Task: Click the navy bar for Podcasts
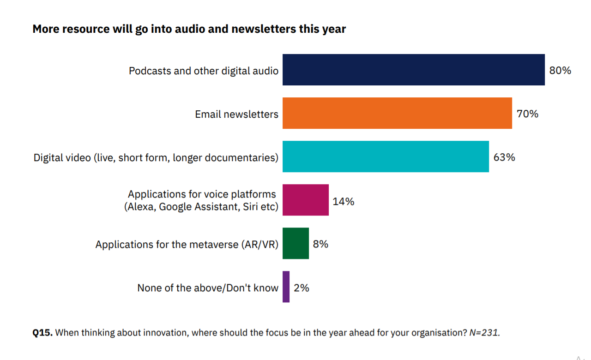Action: (413, 70)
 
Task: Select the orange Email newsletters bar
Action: (397, 113)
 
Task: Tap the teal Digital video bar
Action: (386, 156)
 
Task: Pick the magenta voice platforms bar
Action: (306, 200)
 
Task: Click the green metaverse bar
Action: (295, 243)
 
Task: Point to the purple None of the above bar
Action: (286, 287)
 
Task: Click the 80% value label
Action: (560, 71)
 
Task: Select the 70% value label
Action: (527, 114)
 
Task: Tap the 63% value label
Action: (504, 157)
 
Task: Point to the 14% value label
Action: (344, 201)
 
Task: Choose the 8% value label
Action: (320, 244)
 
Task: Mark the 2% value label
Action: (301, 288)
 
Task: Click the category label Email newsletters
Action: (237, 114)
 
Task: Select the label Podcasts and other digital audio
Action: (204, 71)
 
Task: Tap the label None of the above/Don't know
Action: (208, 288)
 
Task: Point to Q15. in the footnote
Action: (42, 332)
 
